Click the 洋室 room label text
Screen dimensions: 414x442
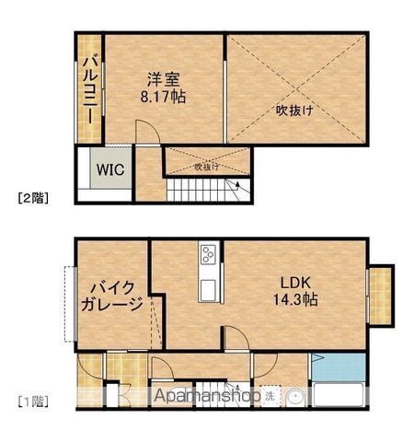[x=163, y=79]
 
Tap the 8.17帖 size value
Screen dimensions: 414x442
[x=163, y=97]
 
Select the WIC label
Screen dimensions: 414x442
[x=110, y=169]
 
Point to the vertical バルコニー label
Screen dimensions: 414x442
[x=89, y=89]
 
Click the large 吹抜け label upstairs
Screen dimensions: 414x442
[x=294, y=110]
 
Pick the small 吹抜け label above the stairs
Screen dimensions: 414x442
[x=207, y=168]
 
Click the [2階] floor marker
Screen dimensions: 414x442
[x=33, y=198]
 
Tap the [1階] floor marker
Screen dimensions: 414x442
[x=33, y=401]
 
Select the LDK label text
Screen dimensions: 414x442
[x=295, y=283]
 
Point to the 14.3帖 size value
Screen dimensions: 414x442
[x=295, y=299]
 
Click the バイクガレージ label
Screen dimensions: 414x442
[x=112, y=297]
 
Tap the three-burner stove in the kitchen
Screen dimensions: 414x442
[x=208, y=255]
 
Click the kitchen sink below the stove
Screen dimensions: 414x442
[x=208, y=290]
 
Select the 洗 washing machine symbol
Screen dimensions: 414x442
[x=270, y=396]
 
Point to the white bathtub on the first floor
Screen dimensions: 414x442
[x=339, y=395]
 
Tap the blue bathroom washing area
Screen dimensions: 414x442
[x=339, y=366]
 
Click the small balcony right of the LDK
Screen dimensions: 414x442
[x=380, y=297]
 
